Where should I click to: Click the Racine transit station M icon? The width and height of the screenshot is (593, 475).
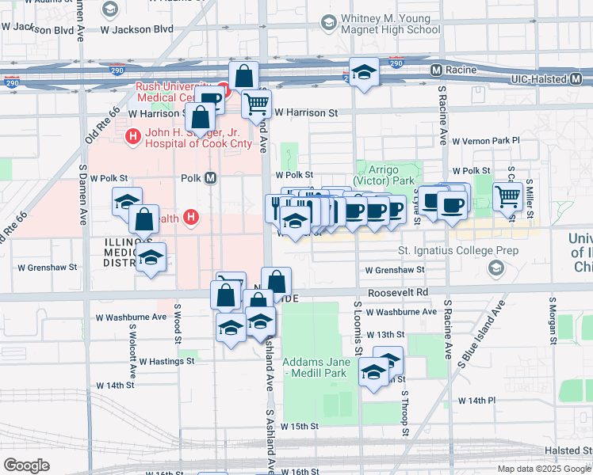click(436, 70)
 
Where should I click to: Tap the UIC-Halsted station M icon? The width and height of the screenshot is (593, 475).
click(576, 79)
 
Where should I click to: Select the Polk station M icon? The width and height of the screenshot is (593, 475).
click(210, 178)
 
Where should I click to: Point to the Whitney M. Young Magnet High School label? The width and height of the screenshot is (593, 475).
click(389, 24)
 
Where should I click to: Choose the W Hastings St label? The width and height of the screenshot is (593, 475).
click(166, 361)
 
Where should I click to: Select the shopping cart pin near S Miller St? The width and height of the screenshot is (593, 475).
click(507, 195)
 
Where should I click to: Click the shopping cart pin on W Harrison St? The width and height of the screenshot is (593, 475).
click(256, 103)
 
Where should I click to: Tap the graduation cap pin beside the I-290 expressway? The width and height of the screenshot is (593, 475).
click(364, 72)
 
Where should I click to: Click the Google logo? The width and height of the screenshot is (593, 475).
click(27, 465)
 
